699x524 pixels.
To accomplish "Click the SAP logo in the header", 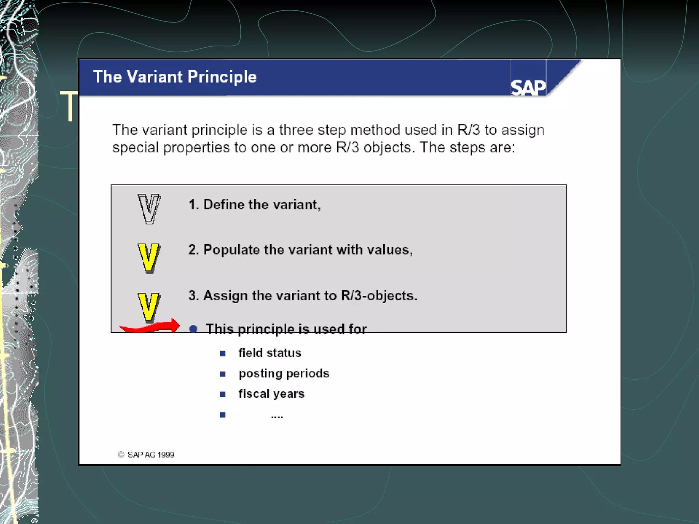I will pyautogui.click(x=528, y=87).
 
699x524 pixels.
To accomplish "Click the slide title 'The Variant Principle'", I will pyautogui.click(x=175, y=77).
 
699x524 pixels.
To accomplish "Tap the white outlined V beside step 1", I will pyautogui.click(x=149, y=209).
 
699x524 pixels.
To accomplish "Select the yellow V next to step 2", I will pyautogui.click(x=148, y=258).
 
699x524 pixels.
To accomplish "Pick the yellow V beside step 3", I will pyautogui.click(x=148, y=307).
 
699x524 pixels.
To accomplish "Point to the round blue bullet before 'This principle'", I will pyautogui.click(x=193, y=329).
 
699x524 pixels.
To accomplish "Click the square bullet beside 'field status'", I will pyautogui.click(x=223, y=354).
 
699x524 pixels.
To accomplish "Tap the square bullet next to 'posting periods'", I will pyautogui.click(x=223, y=374).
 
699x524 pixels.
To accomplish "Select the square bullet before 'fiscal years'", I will pyautogui.click(x=223, y=395).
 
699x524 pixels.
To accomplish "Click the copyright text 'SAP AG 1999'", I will pyautogui.click(x=151, y=455).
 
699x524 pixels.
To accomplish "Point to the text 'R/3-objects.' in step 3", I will pyautogui.click(x=379, y=296).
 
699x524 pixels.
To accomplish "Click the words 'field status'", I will pyautogui.click(x=270, y=353).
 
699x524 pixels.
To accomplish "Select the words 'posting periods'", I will pyautogui.click(x=284, y=374).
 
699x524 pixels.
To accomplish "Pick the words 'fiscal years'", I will pyautogui.click(x=271, y=394).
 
